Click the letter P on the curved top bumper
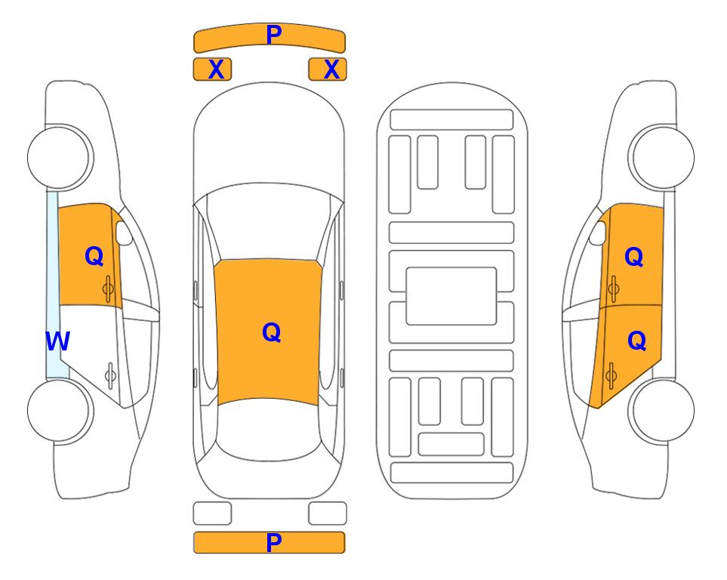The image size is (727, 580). point(273,35)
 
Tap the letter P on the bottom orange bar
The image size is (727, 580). point(273,542)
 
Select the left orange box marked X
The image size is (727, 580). point(212,69)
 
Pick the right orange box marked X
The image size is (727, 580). point(328,69)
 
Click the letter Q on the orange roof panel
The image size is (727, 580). point(272,332)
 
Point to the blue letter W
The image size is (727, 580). point(57,341)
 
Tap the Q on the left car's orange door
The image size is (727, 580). point(94,256)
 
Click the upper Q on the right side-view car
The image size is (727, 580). point(634,257)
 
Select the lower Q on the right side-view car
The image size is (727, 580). point(636,341)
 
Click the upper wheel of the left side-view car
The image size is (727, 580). point(60,157)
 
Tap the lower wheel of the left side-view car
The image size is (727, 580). point(60,410)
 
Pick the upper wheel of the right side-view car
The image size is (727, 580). point(661,157)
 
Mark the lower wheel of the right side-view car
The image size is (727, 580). point(661,410)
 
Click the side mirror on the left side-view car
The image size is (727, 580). point(124,233)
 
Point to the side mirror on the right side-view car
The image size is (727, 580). point(598,233)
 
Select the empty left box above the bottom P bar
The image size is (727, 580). point(212,514)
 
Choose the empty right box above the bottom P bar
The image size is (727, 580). point(328,514)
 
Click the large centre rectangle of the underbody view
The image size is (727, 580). point(451,296)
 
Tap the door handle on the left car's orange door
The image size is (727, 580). point(108,288)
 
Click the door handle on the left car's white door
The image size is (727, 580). point(110,375)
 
